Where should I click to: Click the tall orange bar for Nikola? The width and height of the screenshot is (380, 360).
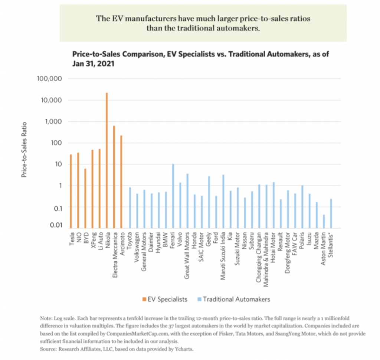[x=107, y=160]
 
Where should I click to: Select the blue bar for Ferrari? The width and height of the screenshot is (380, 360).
[x=173, y=196]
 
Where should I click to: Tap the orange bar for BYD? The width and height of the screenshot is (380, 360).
[x=85, y=199]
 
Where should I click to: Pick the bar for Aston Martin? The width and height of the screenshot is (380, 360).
[x=324, y=221]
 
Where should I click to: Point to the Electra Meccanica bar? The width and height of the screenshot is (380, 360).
[x=114, y=177]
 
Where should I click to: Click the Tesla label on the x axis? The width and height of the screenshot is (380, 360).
[x=72, y=239]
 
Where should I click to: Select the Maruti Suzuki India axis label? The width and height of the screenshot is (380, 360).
[x=223, y=256]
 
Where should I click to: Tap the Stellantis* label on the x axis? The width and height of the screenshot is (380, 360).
[x=331, y=245]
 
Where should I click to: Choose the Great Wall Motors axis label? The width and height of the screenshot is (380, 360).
[x=187, y=255]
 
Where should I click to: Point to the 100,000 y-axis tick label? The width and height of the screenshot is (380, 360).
[x=49, y=79]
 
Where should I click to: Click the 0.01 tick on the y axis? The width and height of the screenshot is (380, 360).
[x=56, y=225]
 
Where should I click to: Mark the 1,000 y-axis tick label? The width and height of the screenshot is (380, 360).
[x=53, y=121]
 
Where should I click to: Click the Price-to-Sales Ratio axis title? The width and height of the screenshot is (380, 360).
[x=24, y=150]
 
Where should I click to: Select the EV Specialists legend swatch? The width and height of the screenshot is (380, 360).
[x=144, y=299]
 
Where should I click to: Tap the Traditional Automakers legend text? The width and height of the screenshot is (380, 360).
[x=236, y=299]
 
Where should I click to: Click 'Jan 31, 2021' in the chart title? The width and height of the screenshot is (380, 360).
[x=93, y=64]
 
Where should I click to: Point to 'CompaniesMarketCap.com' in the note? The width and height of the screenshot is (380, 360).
[x=137, y=334]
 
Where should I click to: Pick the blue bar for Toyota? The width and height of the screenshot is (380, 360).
[x=130, y=208]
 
